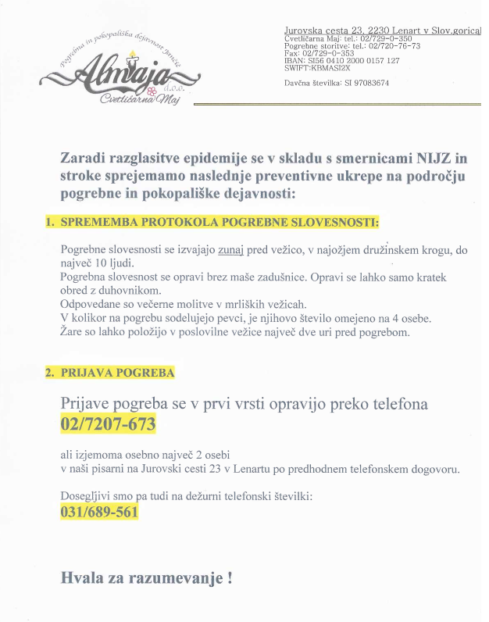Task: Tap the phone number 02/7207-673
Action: (x=108, y=424)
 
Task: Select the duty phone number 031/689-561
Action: (x=99, y=513)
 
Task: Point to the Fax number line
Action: (x=320, y=53)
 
